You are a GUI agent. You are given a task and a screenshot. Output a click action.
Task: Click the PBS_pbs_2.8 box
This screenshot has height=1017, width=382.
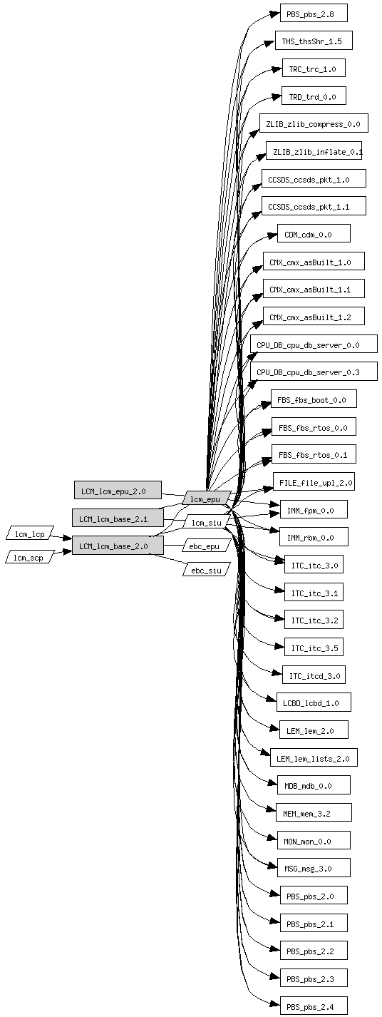pos(314,13)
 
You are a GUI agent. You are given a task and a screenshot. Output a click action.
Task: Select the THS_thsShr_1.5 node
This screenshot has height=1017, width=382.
pos(314,41)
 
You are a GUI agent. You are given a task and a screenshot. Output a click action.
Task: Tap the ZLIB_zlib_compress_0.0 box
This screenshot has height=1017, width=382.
pos(314,123)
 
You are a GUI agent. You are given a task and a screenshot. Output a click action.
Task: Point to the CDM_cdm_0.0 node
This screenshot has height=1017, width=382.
pos(314,234)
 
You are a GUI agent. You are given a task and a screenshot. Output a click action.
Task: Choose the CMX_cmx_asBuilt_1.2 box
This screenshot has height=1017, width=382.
pos(314,317)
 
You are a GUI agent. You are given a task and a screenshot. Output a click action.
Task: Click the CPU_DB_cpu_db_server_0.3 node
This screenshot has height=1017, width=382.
pos(314,372)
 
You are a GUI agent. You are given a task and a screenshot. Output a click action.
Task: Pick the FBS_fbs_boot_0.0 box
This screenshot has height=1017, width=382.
pos(314,399)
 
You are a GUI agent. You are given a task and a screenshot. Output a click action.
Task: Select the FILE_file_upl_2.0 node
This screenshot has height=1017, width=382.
pos(314,481)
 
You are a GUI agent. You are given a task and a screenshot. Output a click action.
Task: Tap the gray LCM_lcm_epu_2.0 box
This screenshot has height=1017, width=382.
pos(118,491)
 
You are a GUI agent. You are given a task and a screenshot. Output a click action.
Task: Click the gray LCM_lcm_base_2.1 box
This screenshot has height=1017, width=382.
pos(118,518)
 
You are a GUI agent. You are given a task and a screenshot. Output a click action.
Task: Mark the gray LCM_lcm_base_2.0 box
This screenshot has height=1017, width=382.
pos(118,546)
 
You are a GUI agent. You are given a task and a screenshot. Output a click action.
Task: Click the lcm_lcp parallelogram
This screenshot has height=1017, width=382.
pos(30,533)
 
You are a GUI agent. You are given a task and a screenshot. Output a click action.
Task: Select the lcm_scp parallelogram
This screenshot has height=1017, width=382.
pos(30,557)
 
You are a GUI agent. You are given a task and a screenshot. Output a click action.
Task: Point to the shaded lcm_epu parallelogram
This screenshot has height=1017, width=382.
pos(207,498)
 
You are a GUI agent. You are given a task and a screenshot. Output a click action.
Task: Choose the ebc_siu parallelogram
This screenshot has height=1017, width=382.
pos(207,569)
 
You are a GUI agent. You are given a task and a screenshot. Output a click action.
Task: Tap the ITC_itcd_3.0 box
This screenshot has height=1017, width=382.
pos(314,675)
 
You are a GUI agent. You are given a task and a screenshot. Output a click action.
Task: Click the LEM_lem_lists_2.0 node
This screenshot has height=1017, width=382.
pos(314,757)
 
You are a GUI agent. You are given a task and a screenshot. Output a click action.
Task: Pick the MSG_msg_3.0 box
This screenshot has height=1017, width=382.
pos(314,868)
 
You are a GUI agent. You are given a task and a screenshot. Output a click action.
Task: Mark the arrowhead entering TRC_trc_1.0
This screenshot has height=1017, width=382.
pos(277,69)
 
